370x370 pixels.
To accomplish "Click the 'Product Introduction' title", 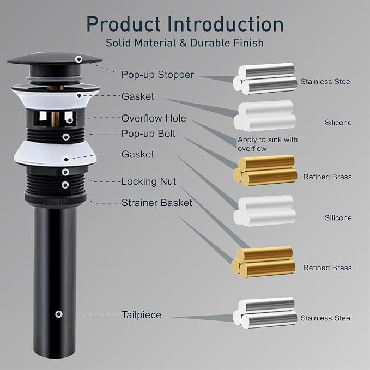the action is coord(185,25).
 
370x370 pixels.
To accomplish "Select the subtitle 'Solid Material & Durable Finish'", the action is coord(185,43).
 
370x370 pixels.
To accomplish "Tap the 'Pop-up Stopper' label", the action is coord(157,75).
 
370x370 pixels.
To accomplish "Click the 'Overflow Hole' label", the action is coord(154,118).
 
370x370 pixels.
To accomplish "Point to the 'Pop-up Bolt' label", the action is coord(148,134).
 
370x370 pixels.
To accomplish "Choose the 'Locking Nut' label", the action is coord(149,181).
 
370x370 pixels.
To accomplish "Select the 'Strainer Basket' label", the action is coord(157,203).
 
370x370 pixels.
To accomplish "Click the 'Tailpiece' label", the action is coord(141,315).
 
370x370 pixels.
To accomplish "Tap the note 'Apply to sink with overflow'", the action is coord(268,144).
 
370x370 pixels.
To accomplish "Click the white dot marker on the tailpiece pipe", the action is coord(59,314).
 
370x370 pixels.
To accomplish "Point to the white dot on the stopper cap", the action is coord(78,59).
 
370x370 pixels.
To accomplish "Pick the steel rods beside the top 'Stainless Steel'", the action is coord(265,78).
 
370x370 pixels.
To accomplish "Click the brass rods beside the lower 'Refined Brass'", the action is coord(263,262).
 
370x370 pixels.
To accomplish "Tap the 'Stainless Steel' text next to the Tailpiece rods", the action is coord(326,318).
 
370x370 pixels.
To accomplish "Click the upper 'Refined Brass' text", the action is coord(327,177).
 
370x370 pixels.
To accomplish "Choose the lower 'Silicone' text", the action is coord(338,217).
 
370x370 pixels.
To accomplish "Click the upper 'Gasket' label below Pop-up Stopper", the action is coord(137,96).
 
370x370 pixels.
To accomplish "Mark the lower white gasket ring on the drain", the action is coord(55,154).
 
